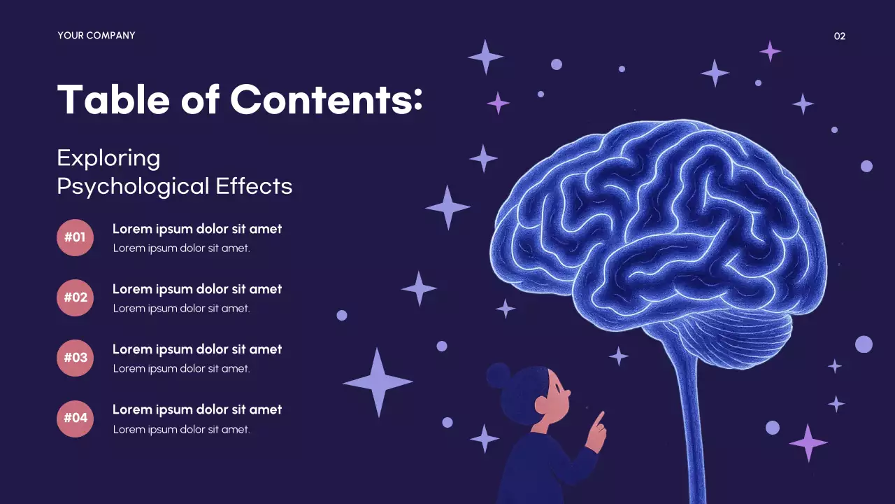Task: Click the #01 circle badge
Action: tap(75, 237)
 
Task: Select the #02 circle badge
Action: tap(75, 297)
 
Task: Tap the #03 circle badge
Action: tap(75, 358)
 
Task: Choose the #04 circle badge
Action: tap(75, 418)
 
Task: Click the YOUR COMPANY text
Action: tap(96, 36)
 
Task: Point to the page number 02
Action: tap(840, 36)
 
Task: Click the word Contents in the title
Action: tap(327, 99)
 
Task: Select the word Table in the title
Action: tap(113, 99)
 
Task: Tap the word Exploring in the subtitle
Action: tap(108, 158)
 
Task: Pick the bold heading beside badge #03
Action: tap(197, 349)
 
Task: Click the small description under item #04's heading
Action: tap(182, 429)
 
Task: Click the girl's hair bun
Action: tap(498, 375)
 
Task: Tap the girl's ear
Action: tap(540, 404)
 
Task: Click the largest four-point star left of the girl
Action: tap(378, 382)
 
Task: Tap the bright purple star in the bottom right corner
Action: tap(808, 442)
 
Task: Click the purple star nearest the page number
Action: tap(770, 50)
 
